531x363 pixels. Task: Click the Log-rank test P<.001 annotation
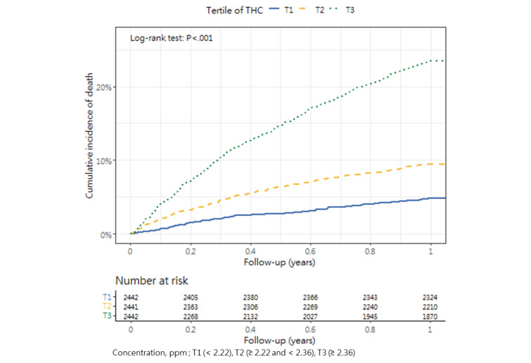click(172, 38)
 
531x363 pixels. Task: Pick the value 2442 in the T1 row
click(132, 298)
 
